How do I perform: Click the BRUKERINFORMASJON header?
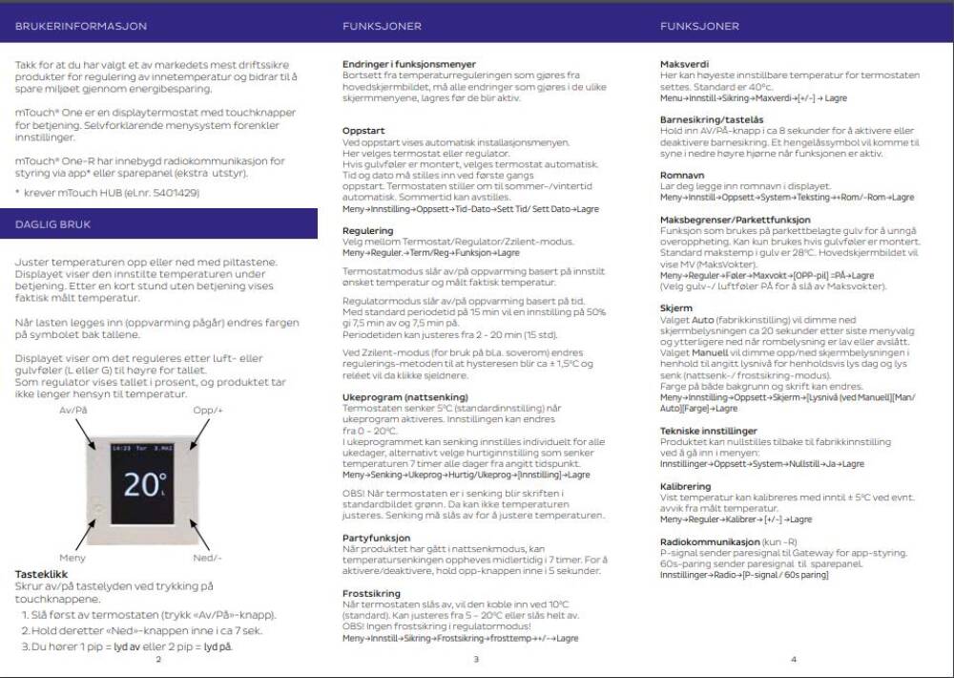67,26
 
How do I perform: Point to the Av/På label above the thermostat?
73,409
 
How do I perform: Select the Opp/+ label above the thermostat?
207,409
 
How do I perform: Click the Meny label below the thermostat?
73,557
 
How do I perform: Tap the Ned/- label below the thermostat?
207,557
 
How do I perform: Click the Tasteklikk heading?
40,574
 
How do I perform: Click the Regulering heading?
367,230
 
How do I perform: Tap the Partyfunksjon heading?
376,538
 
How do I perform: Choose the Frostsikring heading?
371,593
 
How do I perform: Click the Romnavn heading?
681,175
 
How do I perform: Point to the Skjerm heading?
676,308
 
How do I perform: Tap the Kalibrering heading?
685,486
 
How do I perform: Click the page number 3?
475,659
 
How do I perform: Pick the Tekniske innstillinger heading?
708,431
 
